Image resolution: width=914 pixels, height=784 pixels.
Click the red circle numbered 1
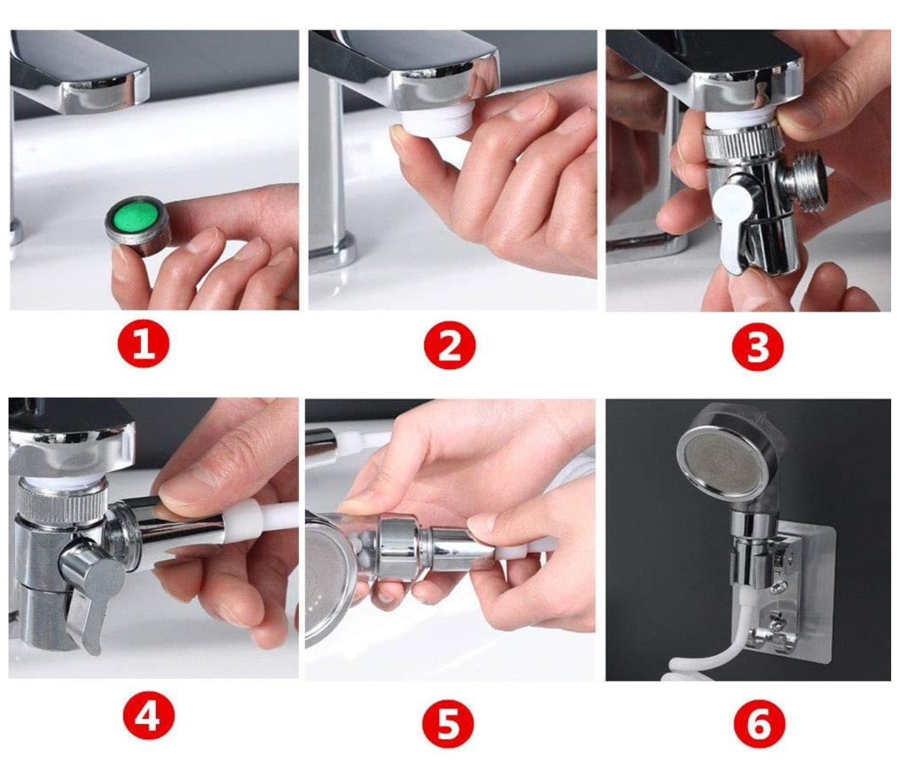143,344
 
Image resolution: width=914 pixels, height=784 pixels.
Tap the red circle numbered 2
450,345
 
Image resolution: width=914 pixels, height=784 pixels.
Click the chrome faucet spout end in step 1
107,92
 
